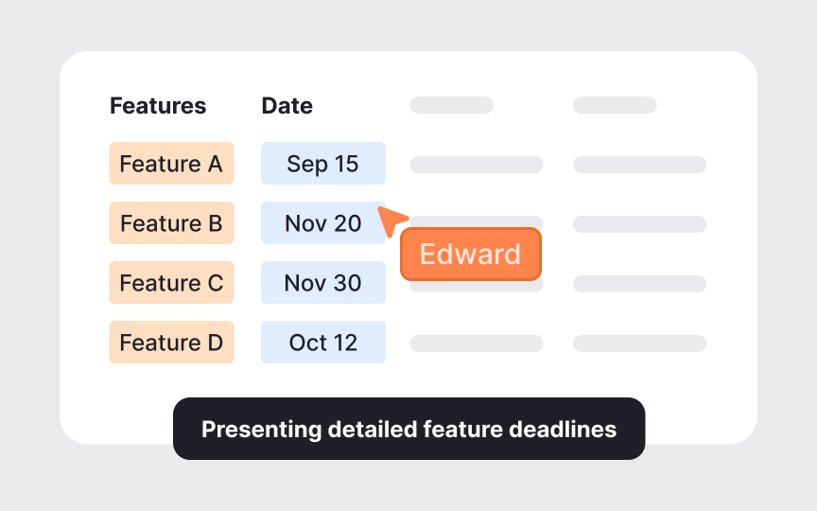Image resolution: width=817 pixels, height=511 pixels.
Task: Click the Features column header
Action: pyautogui.click(x=158, y=105)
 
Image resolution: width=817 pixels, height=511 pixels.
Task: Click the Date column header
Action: pyautogui.click(x=287, y=105)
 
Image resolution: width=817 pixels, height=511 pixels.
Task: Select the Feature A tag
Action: pyautogui.click(x=171, y=164)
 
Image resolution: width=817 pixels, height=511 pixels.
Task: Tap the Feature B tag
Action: pyautogui.click(x=171, y=223)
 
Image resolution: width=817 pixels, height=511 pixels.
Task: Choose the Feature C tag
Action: pyautogui.click(x=171, y=283)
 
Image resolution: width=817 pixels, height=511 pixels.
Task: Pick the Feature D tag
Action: pyautogui.click(x=171, y=343)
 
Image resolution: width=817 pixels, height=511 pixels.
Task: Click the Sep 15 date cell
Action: pyautogui.click(x=323, y=164)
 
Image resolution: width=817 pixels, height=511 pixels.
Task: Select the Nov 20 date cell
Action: pyautogui.click(x=323, y=223)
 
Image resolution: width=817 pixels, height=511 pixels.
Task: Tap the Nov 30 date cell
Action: pyautogui.click(x=323, y=283)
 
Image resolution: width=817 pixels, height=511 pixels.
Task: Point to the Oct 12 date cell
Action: pyautogui.click(x=323, y=343)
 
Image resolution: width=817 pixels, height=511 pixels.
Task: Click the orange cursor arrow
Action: pyautogui.click(x=391, y=220)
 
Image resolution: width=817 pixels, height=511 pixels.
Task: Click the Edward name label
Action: pyautogui.click(x=470, y=255)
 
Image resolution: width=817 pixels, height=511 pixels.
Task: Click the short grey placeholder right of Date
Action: pyautogui.click(x=451, y=105)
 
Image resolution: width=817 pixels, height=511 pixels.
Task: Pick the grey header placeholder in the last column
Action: pyautogui.click(x=615, y=105)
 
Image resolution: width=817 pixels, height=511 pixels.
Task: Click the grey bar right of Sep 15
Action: pyautogui.click(x=476, y=165)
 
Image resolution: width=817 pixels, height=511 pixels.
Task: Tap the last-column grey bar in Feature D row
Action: pyautogui.click(x=639, y=343)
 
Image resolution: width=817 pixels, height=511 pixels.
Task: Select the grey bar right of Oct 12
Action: pyautogui.click(x=476, y=343)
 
